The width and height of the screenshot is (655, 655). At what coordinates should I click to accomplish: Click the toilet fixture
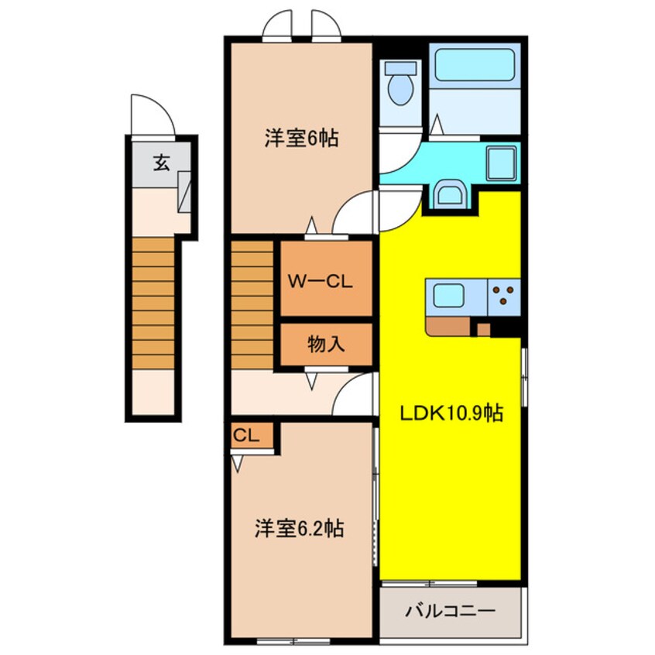point(400,86)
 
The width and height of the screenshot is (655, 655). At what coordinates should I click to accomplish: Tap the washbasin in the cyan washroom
point(449,193)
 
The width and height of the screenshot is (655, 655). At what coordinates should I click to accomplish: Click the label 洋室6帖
point(300,139)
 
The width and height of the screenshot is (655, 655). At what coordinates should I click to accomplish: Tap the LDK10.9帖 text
point(451,414)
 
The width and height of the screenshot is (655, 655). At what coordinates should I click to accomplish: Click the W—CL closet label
point(321,281)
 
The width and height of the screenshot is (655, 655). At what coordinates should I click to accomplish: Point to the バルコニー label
point(450,612)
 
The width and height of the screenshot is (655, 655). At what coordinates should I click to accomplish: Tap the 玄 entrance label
point(160,163)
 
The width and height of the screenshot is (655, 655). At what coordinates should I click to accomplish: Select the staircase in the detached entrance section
point(152,303)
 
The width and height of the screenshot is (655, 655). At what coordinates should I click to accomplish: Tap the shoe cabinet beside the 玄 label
point(186,191)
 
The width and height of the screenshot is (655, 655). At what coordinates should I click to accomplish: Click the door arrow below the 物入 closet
point(311,380)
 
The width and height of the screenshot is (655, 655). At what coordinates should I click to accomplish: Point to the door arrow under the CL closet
point(238,464)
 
